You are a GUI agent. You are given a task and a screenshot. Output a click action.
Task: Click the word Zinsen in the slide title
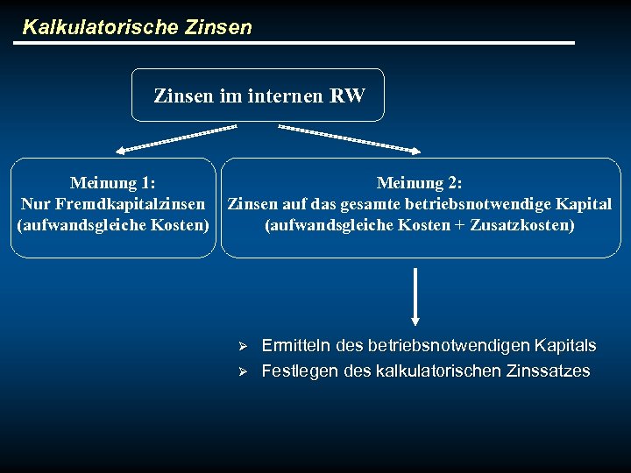tap(218, 27)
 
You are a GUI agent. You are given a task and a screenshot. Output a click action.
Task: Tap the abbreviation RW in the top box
tap(348, 95)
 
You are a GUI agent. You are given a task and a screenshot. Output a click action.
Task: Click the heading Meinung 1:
tap(113, 183)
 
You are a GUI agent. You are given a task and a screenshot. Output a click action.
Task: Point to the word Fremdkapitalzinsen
tap(143, 204)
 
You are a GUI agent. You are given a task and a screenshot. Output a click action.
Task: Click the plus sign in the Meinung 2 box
tap(460, 225)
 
